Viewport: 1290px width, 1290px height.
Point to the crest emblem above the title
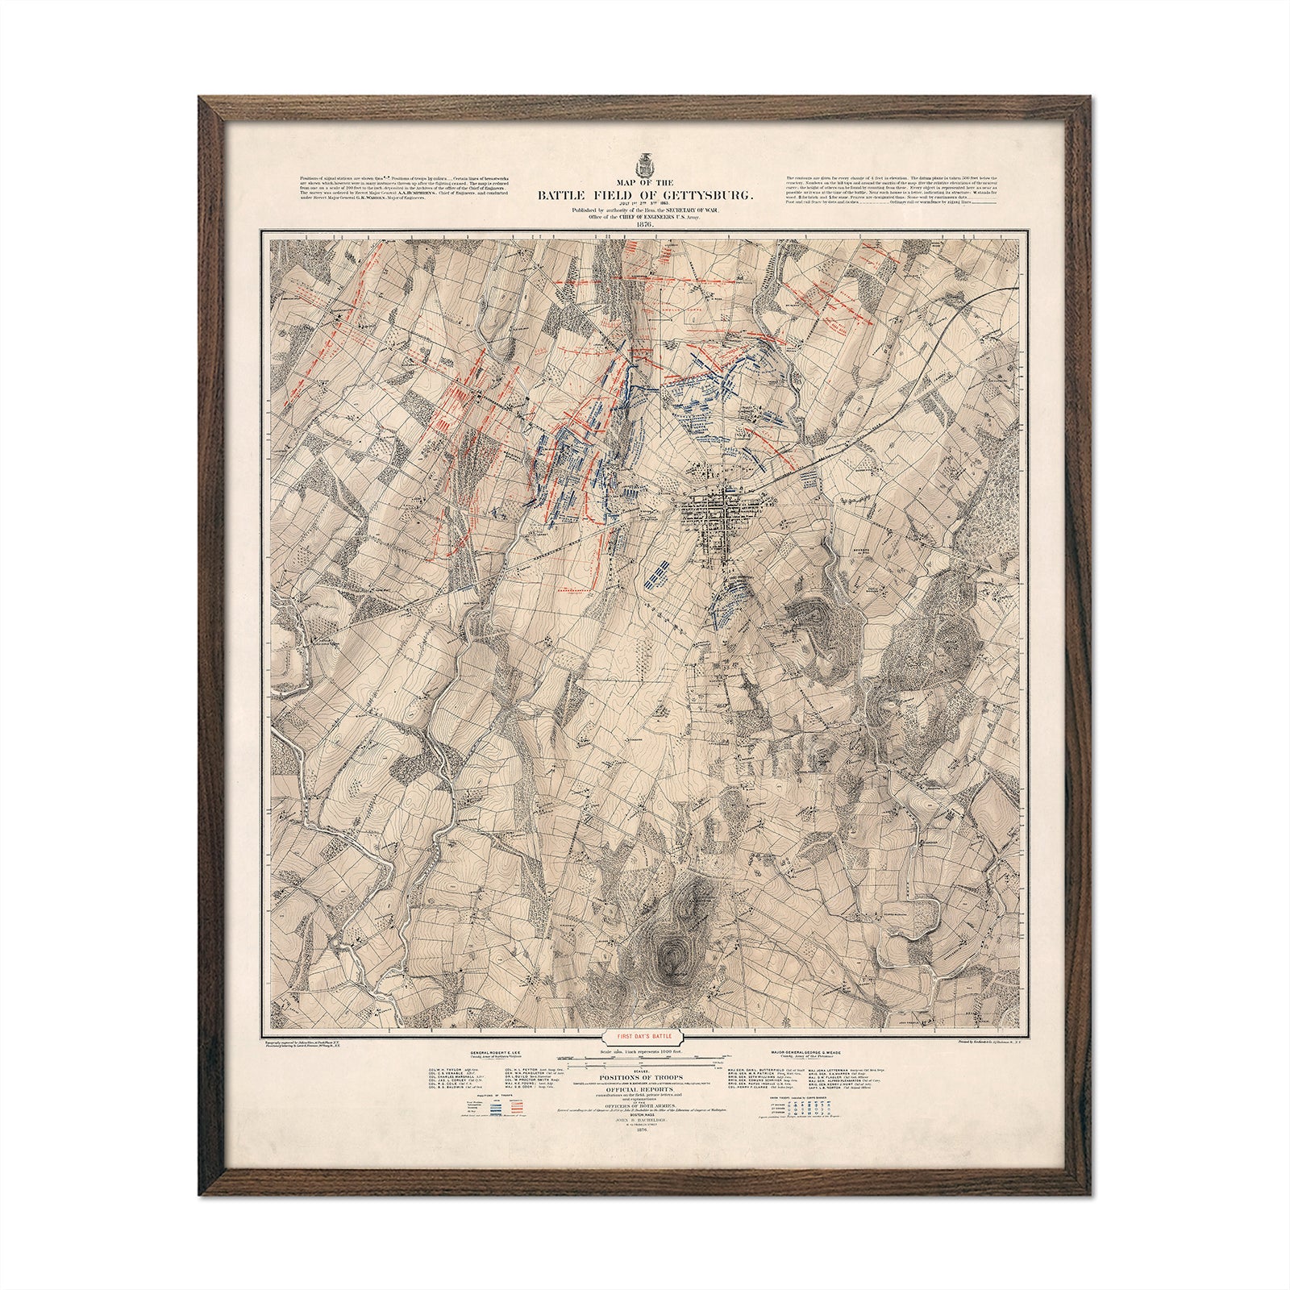coord(643,165)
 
